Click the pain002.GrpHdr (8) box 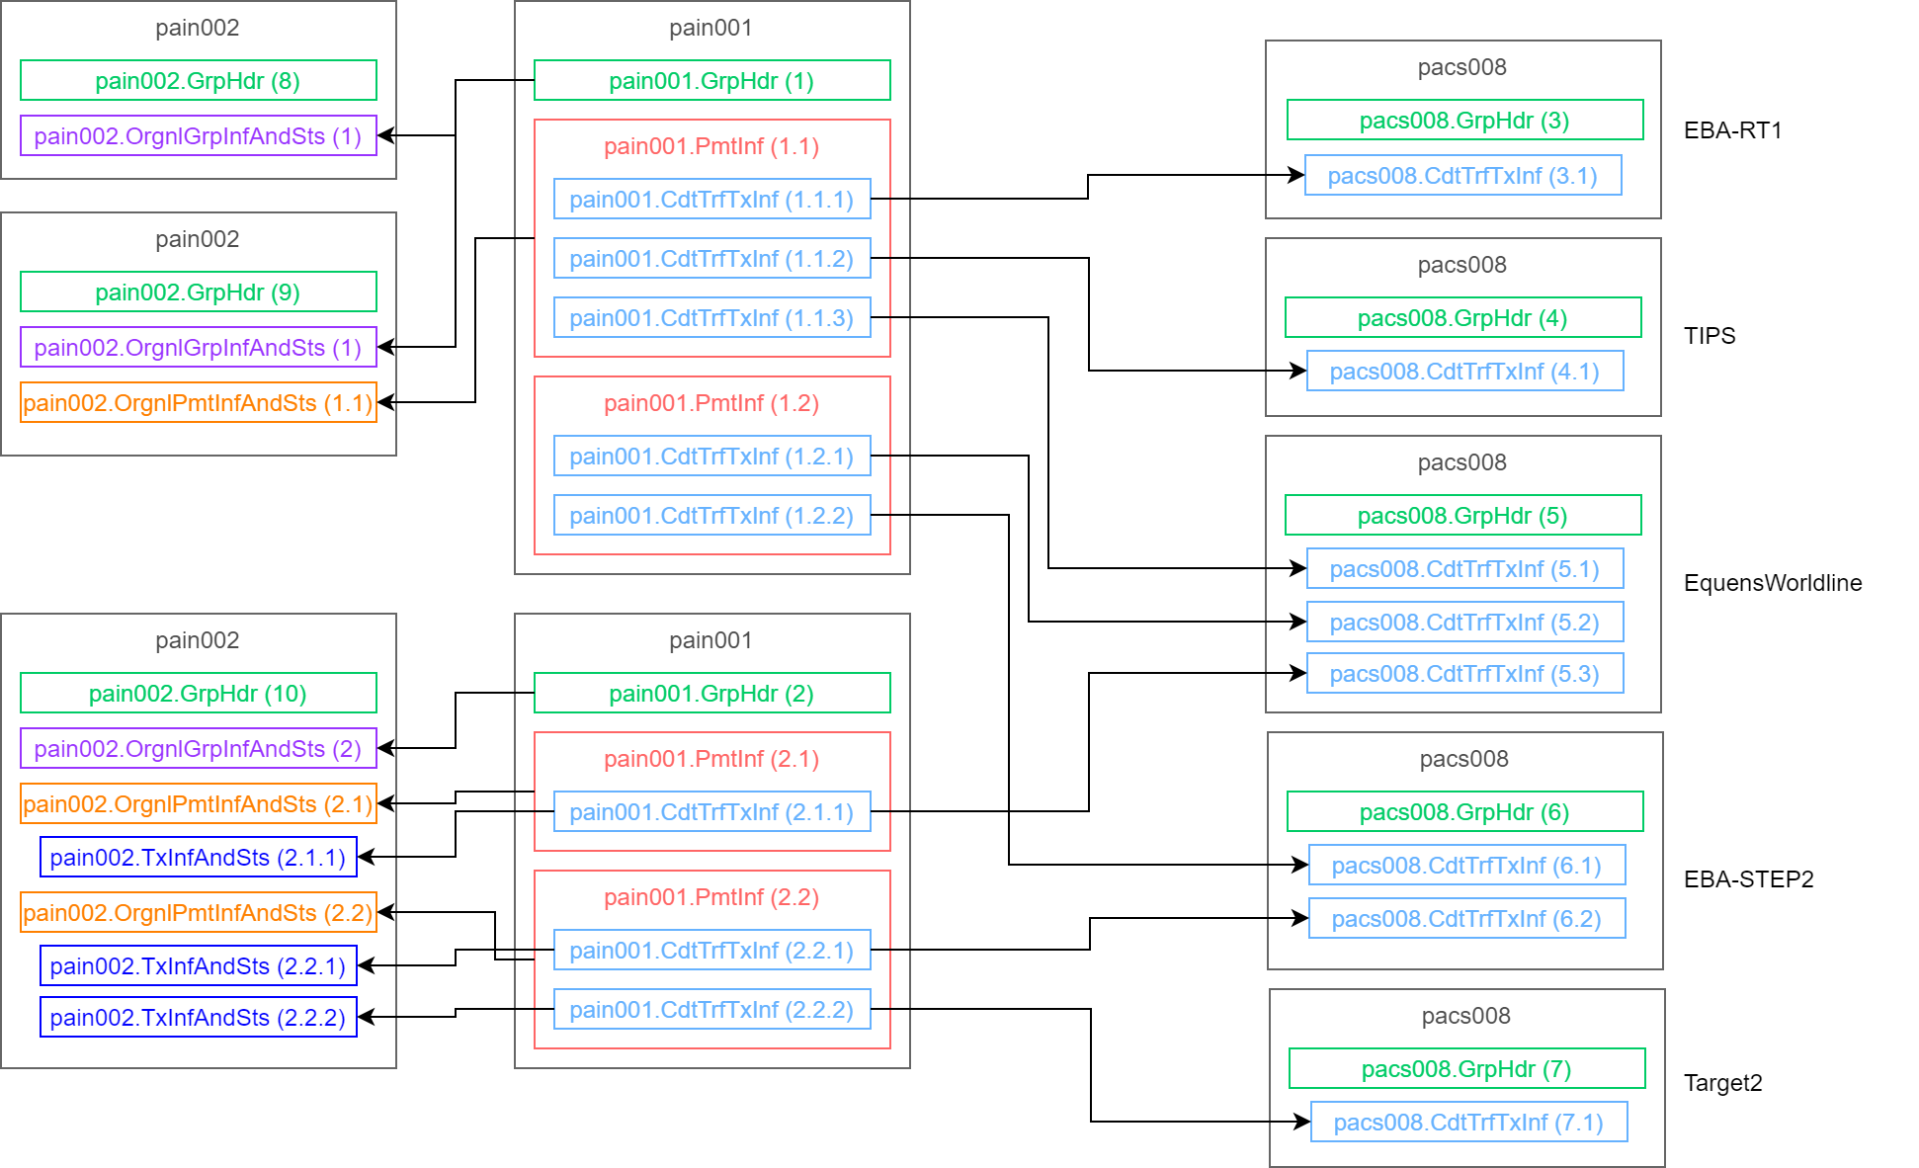(x=198, y=80)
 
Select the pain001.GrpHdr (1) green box (x=711, y=80)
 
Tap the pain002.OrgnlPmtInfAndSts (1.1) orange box (x=198, y=402)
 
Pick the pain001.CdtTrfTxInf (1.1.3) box (x=711, y=317)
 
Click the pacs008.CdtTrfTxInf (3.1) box (x=1462, y=175)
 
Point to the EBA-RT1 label (x=1732, y=130)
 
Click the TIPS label (x=1710, y=336)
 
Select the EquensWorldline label (x=1773, y=583)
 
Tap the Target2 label (x=1722, y=1083)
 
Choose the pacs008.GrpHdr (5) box (x=1462, y=515)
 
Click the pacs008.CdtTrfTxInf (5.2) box (x=1464, y=622)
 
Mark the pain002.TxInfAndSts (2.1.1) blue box (x=198, y=857)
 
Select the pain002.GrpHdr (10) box (x=198, y=693)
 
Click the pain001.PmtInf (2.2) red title (x=711, y=897)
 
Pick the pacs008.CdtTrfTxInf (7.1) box (x=1468, y=1122)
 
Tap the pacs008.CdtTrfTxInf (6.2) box (x=1466, y=918)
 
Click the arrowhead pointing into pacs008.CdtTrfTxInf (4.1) (x=1299, y=371)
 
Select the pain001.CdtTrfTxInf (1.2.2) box (x=711, y=515)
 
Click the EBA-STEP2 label (x=1748, y=879)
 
